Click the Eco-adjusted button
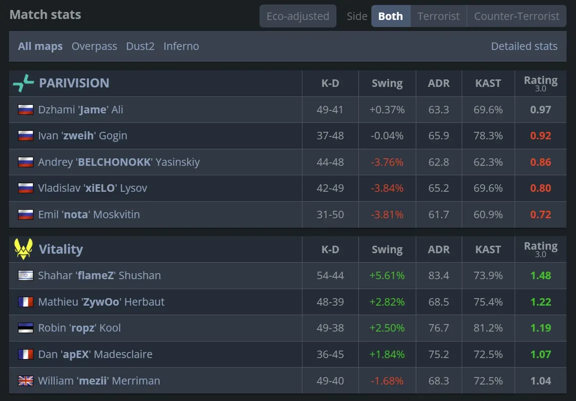pos(297,16)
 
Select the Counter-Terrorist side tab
pos(517,16)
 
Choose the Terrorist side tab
pos(438,16)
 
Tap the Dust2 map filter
pos(140,46)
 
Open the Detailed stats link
pos(524,46)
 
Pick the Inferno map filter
pos(181,46)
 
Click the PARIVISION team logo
pos(23,83)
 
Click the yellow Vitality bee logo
pos(23,249)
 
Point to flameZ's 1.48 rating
pos(541,276)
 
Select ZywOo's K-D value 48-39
pos(330,302)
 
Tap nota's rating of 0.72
pos(541,215)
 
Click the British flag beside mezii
pos(25,381)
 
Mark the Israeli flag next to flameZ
pos(25,276)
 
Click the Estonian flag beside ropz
pos(25,328)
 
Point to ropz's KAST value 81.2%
pos(488,328)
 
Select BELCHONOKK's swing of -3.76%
pos(387,162)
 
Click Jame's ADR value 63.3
pos(438,110)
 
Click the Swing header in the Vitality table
pos(387,249)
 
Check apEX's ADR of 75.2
pos(438,355)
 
